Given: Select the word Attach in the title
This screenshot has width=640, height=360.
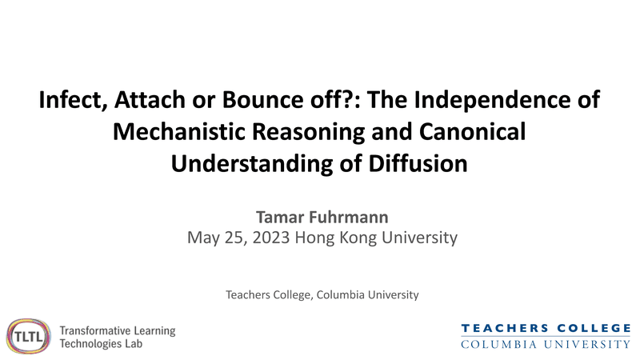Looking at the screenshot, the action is (150, 99).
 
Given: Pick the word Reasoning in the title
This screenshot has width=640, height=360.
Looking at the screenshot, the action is (308, 133).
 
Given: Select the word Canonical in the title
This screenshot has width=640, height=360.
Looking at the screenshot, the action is (472, 132).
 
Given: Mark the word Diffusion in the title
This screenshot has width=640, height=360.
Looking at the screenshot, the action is (418, 164).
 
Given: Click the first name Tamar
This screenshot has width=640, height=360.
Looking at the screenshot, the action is (280, 217).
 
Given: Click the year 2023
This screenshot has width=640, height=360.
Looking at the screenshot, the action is (271, 238).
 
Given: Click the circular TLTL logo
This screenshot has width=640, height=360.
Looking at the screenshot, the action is (28, 336).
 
